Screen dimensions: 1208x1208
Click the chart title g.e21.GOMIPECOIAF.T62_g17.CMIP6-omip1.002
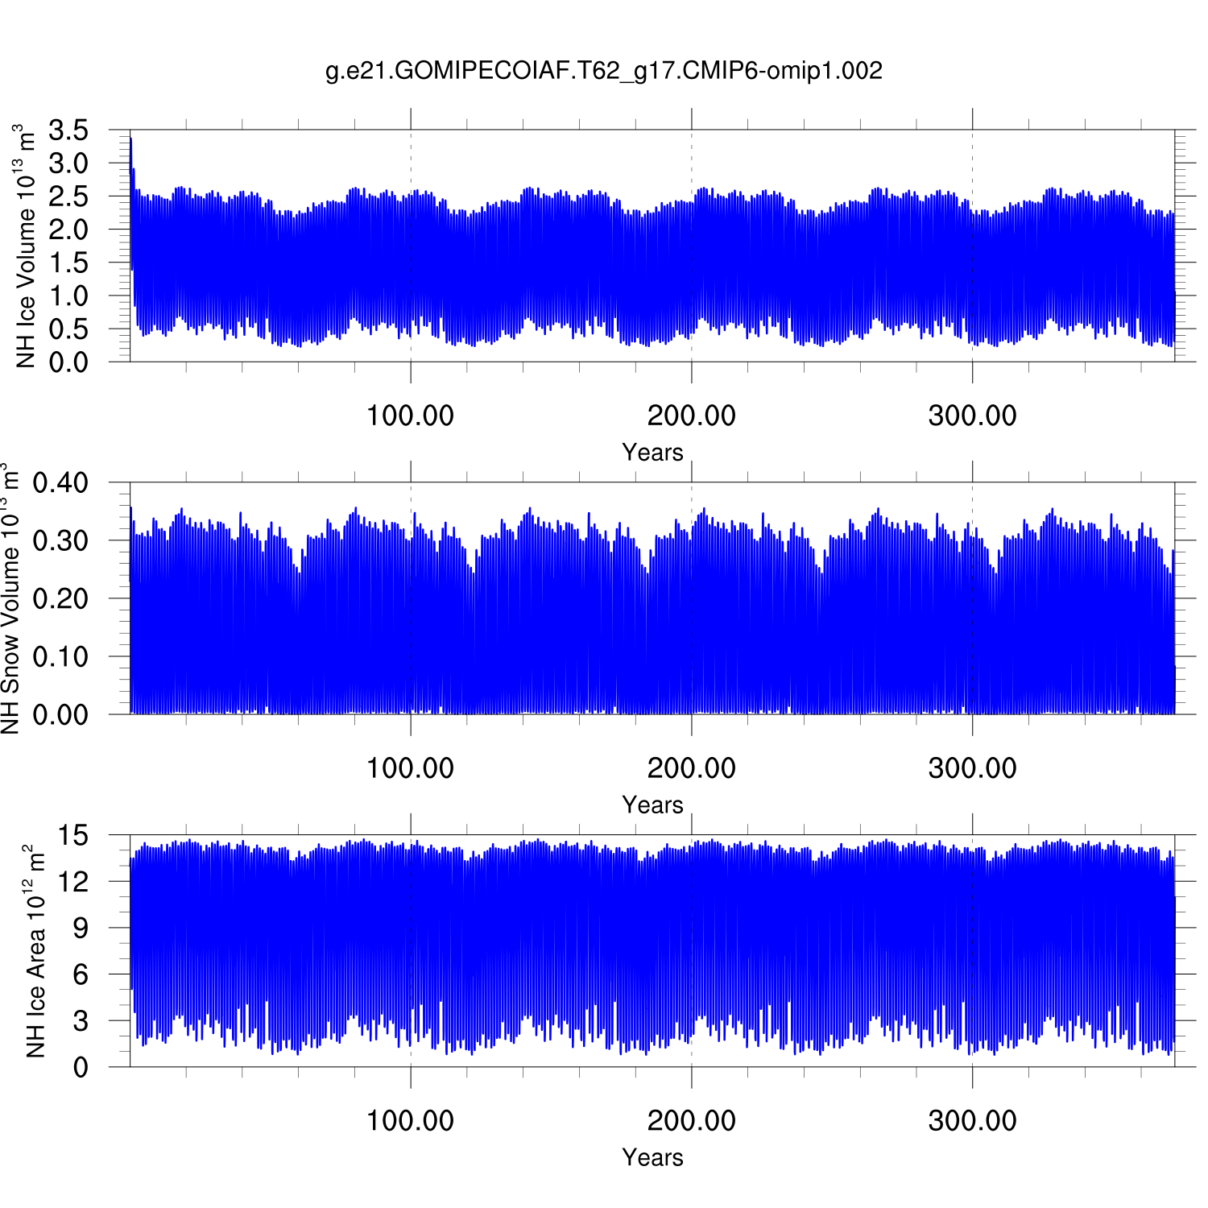point(604,71)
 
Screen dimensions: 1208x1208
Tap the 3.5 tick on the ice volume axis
point(68,130)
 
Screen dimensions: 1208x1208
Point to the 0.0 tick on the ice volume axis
point(68,362)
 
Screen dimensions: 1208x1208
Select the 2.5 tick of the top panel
point(68,197)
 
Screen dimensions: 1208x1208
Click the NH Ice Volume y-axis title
point(26,246)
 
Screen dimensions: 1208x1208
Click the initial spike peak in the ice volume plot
point(130,139)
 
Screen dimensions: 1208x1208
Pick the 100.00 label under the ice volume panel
point(410,416)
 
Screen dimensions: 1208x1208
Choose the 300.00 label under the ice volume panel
point(972,416)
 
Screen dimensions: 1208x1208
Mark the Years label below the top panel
point(652,453)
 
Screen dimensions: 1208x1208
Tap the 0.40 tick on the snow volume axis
point(60,483)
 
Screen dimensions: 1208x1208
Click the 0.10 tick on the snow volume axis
point(60,656)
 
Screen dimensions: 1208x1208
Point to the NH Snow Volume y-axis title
point(10,598)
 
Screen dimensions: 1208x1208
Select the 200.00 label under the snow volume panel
point(691,768)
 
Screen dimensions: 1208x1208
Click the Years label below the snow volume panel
point(652,805)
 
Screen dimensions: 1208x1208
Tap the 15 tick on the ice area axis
point(73,835)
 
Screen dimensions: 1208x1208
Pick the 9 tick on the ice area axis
point(80,928)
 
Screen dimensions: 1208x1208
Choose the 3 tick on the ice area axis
point(80,1020)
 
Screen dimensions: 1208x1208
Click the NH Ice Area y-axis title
point(35,950)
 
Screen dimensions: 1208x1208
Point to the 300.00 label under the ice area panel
point(972,1120)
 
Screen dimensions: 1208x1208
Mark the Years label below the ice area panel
point(652,1157)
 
